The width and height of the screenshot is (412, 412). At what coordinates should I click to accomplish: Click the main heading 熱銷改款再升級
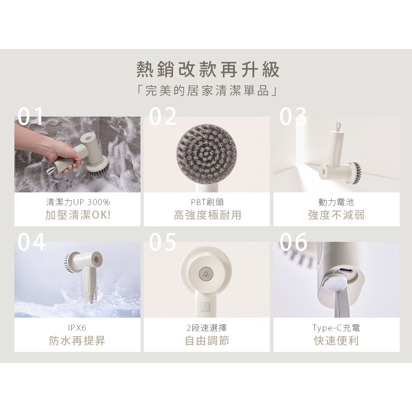point(208,70)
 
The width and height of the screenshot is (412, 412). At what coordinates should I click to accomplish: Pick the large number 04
point(31,242)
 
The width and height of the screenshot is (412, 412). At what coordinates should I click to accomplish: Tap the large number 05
point(163,242)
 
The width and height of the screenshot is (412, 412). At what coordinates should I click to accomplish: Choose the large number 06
point(293,242)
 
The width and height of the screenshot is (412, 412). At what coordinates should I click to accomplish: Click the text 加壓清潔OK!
point(78,215)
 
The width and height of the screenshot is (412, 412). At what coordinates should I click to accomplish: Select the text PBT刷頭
point(207,202)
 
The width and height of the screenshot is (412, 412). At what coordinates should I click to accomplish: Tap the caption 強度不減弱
point(336,215)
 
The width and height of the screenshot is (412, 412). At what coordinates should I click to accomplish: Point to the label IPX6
point(77,328)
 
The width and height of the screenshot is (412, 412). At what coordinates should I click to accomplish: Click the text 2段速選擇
point(207,328)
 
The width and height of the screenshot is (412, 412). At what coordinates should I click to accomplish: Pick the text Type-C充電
point(336,328)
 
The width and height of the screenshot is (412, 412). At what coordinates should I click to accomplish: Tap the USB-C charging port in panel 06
point(345,271)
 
